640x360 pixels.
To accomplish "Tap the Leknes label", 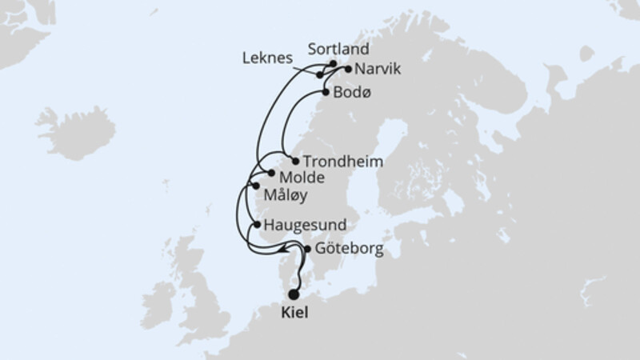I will click(x=268, y=58).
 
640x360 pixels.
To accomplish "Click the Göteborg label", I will click(x=349, y=250).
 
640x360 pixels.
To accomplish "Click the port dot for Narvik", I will click(x=348, y=69).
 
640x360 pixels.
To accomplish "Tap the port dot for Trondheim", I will click(x=296, y=160).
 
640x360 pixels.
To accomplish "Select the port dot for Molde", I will click(x=271, y=174).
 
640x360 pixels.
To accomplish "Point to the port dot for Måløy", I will click(x=256, y=186).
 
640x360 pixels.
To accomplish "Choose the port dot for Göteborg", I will click(x=308, y=250).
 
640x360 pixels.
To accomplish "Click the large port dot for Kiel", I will click(x=294, y=295).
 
